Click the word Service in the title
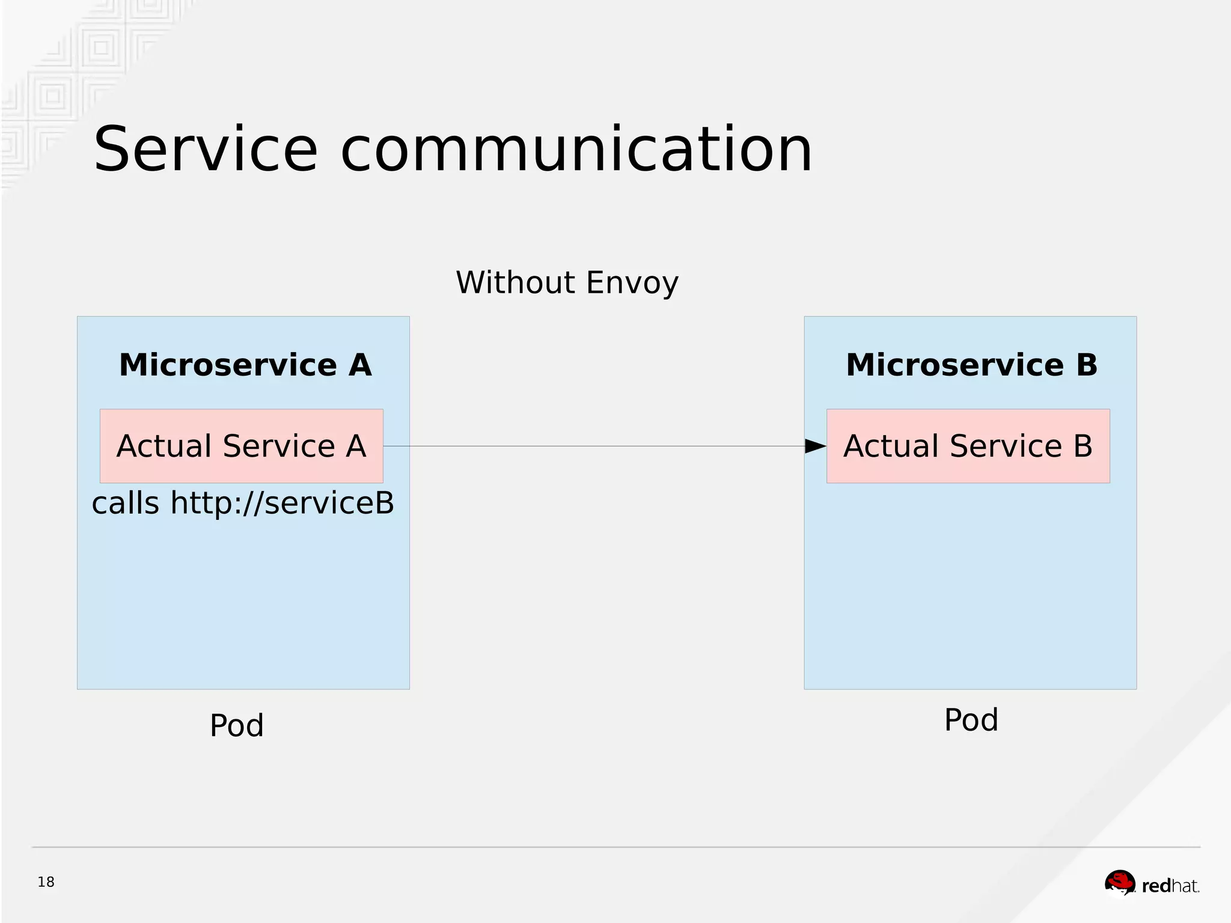click(x=205, y=150)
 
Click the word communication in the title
click(x=576, y=150)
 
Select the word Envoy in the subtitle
click(x=632, y=284)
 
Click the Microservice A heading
click(x=245, y=365)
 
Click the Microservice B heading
click(x=971, y=365)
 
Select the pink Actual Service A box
click(x=241, y=446)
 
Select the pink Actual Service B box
click(x=968, y=446)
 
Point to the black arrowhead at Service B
click(x=815, y=446)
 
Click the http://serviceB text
click(x=282, y=503)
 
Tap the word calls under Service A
click(x=125, y=503)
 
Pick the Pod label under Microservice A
click(x=236, y=725)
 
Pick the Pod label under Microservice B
click(x=971, y=719)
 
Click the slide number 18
click(x=46, y=882)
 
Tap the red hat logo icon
click(x=1120, y=883)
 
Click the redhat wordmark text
click(x=1170, y=886)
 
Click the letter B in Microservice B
click(x=1086, y=365)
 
